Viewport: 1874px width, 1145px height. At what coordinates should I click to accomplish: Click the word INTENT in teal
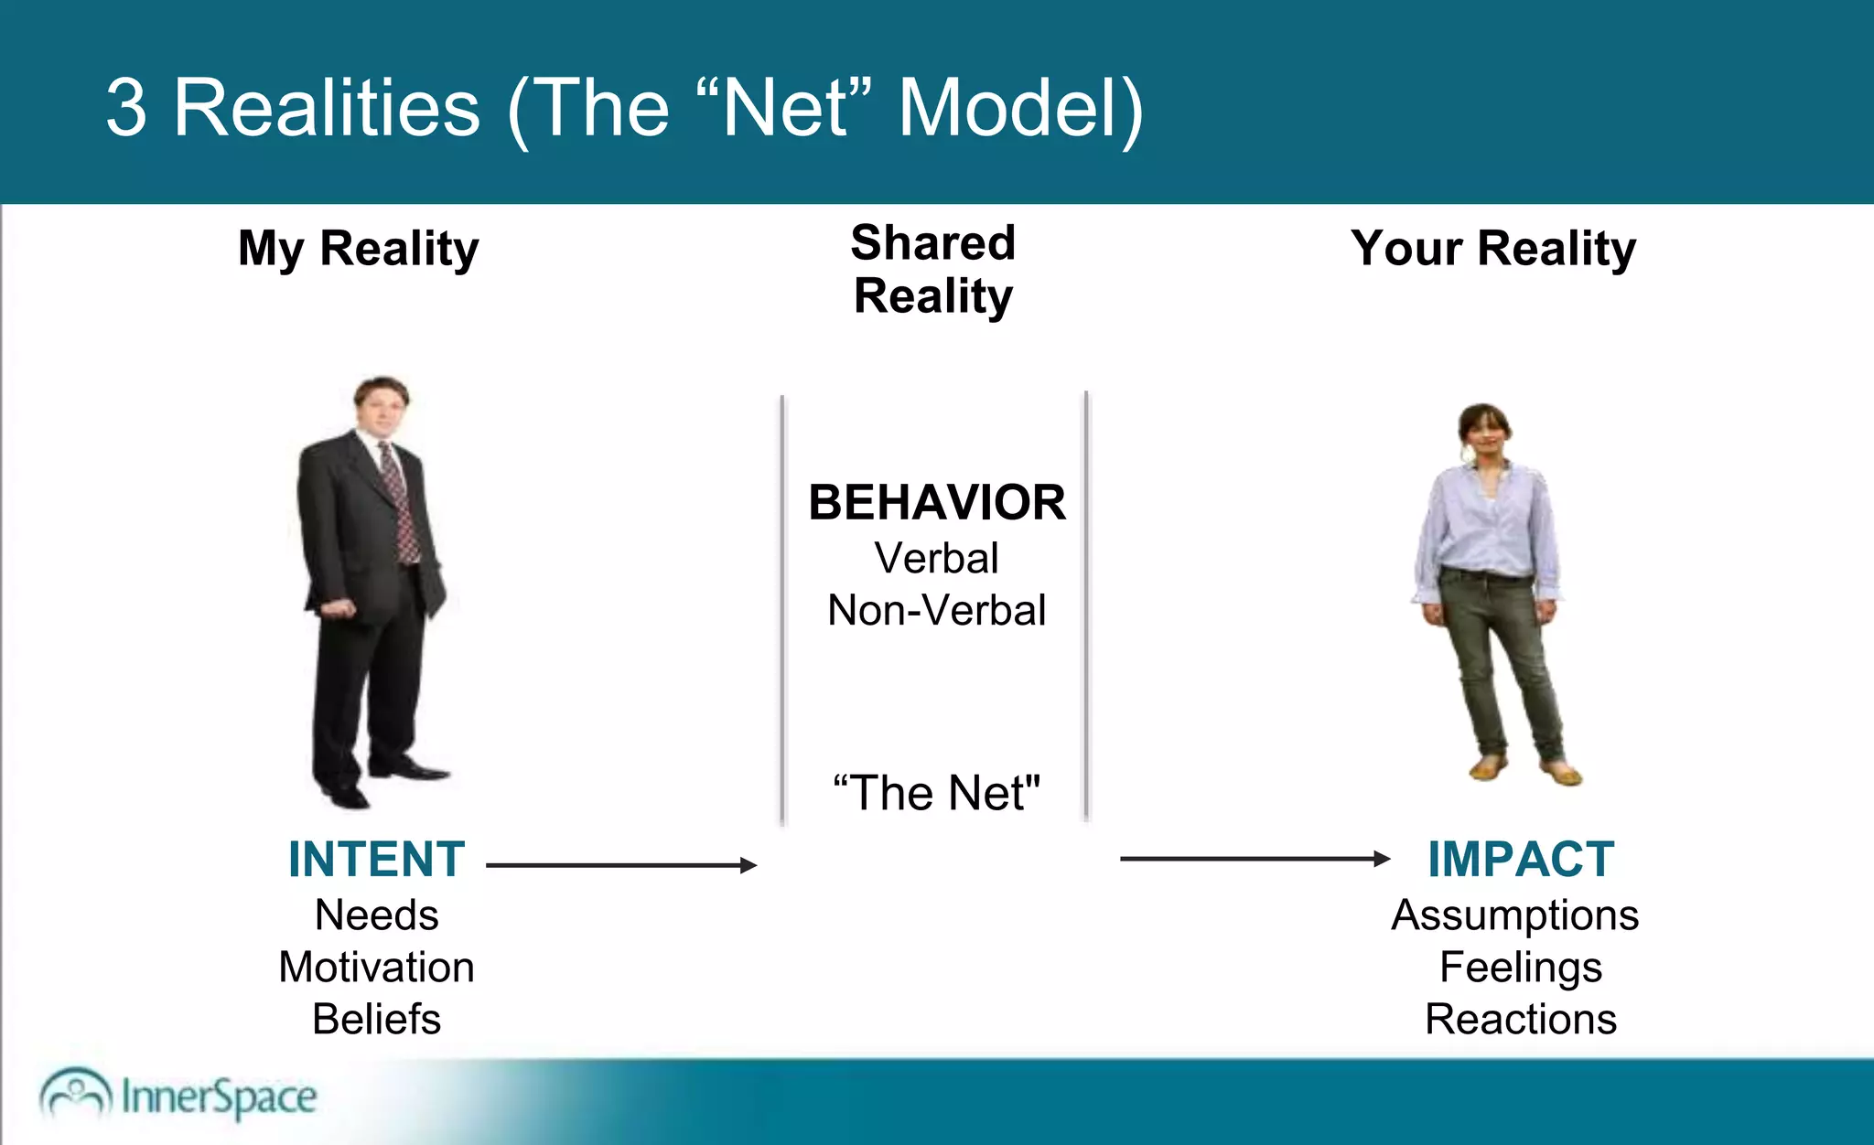[376, 860]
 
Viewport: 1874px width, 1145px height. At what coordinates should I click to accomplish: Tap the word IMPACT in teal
[1521, 860]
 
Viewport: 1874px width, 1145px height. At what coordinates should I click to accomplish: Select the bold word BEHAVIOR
[937, 503]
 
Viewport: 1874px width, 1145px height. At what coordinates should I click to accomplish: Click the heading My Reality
[358, 249]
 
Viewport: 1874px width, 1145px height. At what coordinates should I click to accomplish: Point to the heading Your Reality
[1493, 249]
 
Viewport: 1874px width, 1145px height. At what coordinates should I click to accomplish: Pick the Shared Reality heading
[933, 270]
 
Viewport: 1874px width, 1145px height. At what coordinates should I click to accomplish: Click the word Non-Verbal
[936, 611]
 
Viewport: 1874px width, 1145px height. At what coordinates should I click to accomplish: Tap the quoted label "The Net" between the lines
[936, 793]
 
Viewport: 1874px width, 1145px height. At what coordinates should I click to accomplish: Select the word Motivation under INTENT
[376, 968]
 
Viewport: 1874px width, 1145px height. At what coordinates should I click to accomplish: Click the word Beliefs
[376, 1020]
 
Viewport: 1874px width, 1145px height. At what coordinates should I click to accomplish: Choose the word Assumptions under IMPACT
[1514, 915]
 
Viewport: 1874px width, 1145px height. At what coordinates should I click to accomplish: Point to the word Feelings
[1520, 968]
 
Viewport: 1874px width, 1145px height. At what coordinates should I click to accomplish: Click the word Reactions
[1520, 1020]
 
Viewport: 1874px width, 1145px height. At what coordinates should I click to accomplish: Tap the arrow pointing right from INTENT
[622, 865]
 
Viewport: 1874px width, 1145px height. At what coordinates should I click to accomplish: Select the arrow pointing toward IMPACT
[1254, 859]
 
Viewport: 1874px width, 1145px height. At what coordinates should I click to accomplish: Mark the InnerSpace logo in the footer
[178, 1096]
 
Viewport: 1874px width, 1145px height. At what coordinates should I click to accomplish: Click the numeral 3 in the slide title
[125, 108]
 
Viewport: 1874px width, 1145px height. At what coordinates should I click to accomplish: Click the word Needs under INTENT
[376, 915]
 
